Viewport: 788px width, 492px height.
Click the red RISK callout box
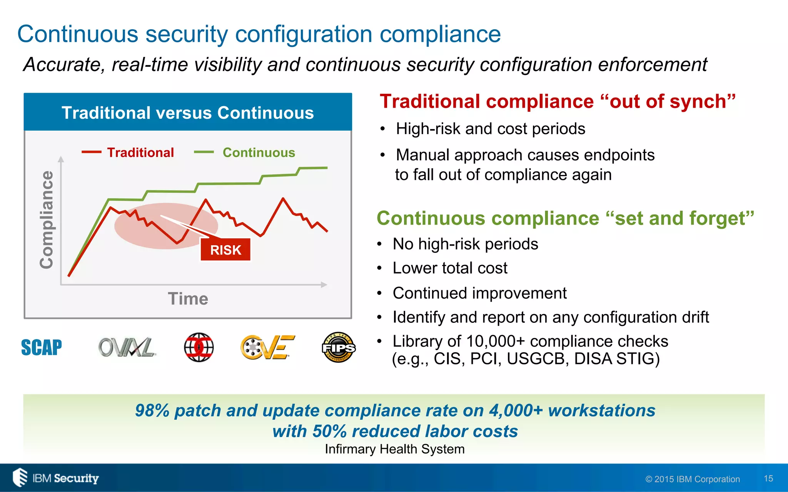tap(225, 250)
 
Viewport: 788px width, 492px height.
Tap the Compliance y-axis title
tap(47, 219)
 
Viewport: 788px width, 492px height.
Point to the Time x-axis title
tap(188, 299)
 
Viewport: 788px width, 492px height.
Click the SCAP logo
tap(42, 347)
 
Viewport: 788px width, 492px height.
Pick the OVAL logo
tap(127, 347)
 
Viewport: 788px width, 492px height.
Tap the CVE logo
tap(267, 347)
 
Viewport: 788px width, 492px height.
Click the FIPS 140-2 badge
tap(338, 347)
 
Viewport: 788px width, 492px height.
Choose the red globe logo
tap(199, 347)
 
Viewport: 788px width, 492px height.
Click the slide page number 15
tap(768, 479)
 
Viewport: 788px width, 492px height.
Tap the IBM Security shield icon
tap(20, 477)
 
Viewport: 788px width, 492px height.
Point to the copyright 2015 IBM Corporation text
tap(693, 479)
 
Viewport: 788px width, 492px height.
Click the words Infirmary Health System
tap(395, 449)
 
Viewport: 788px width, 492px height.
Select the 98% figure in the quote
tap(152, 411)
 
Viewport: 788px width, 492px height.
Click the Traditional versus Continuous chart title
tap(188, 113)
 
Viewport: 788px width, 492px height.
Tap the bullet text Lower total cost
tap(450, 268)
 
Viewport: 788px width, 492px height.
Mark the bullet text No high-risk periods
tap(465, 244)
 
